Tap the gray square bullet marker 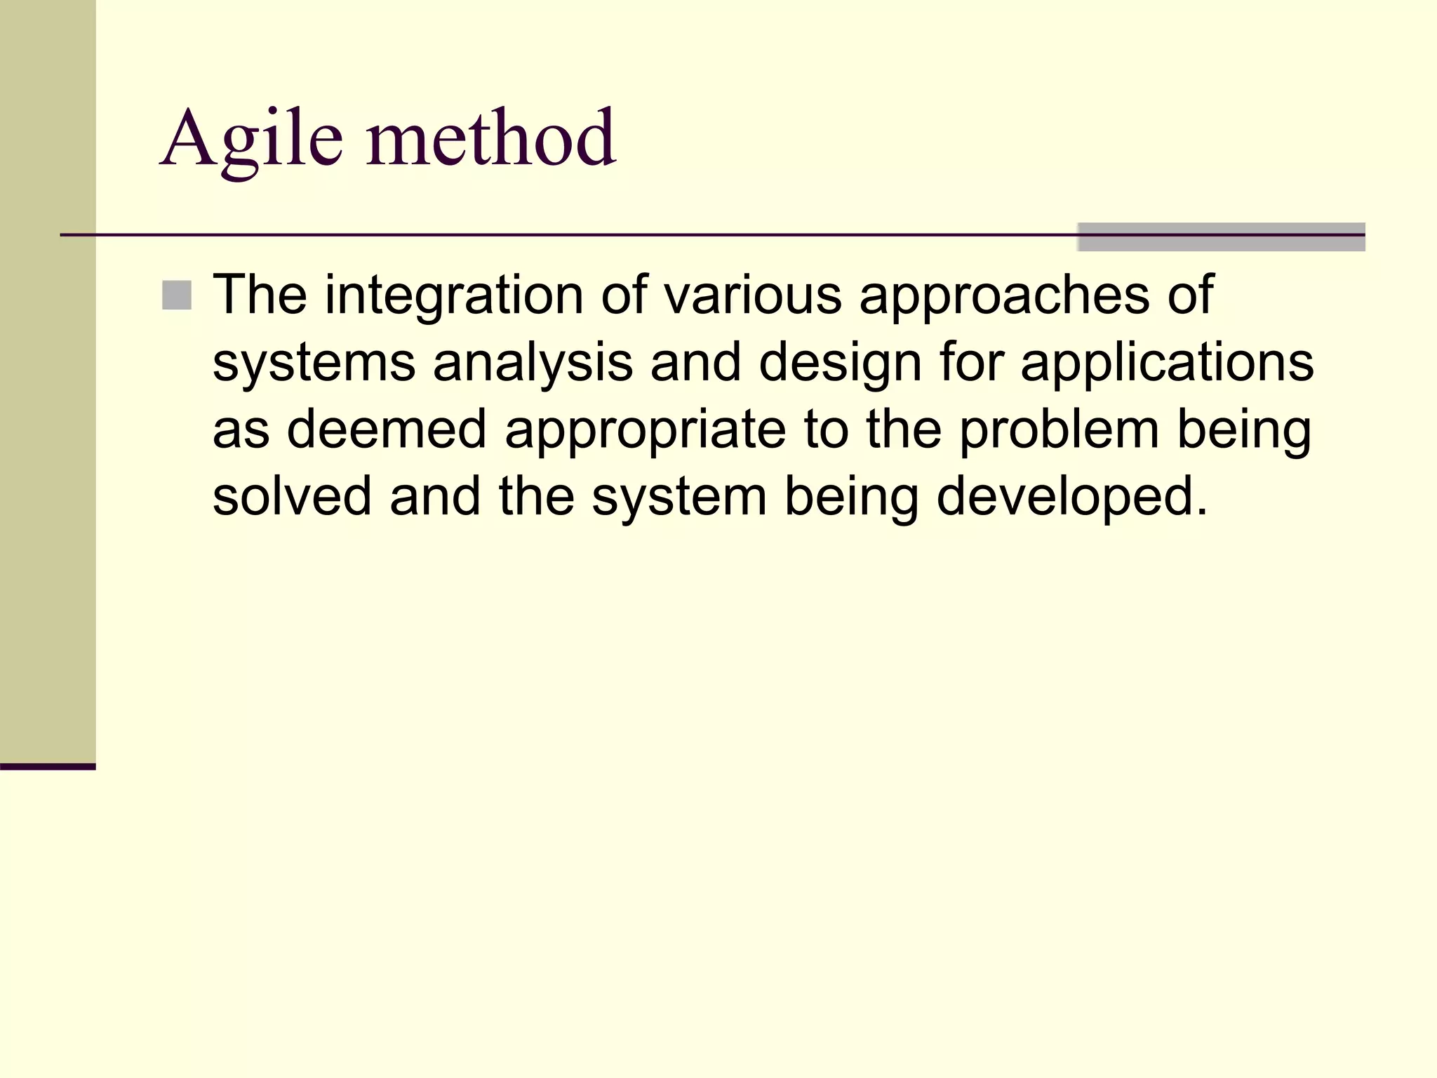tap(176, 295)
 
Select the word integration tap(453, 295)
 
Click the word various tap(752, 295)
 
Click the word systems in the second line tap(314, 364)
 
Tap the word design tap(840, 364)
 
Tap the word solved tap(292, 496)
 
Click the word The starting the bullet tap(260, 295)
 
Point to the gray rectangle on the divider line tap(1221, 237)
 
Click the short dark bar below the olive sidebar tap(48, 766)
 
